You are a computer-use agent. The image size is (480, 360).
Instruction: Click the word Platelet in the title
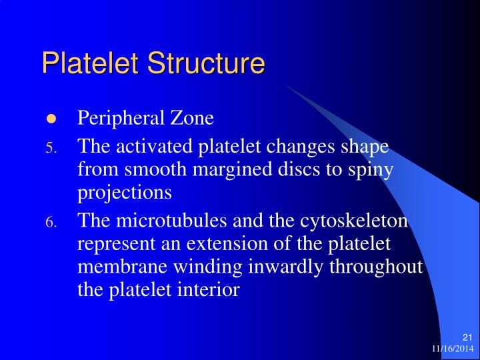90,63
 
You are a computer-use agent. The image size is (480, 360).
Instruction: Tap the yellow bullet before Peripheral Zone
51,119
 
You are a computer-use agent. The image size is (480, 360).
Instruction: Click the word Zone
191,119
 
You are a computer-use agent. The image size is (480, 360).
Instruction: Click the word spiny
373,169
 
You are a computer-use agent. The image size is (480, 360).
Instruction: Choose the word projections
125,193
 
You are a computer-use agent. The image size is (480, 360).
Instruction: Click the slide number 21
467,337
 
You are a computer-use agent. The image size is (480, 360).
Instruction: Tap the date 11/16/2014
451,349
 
